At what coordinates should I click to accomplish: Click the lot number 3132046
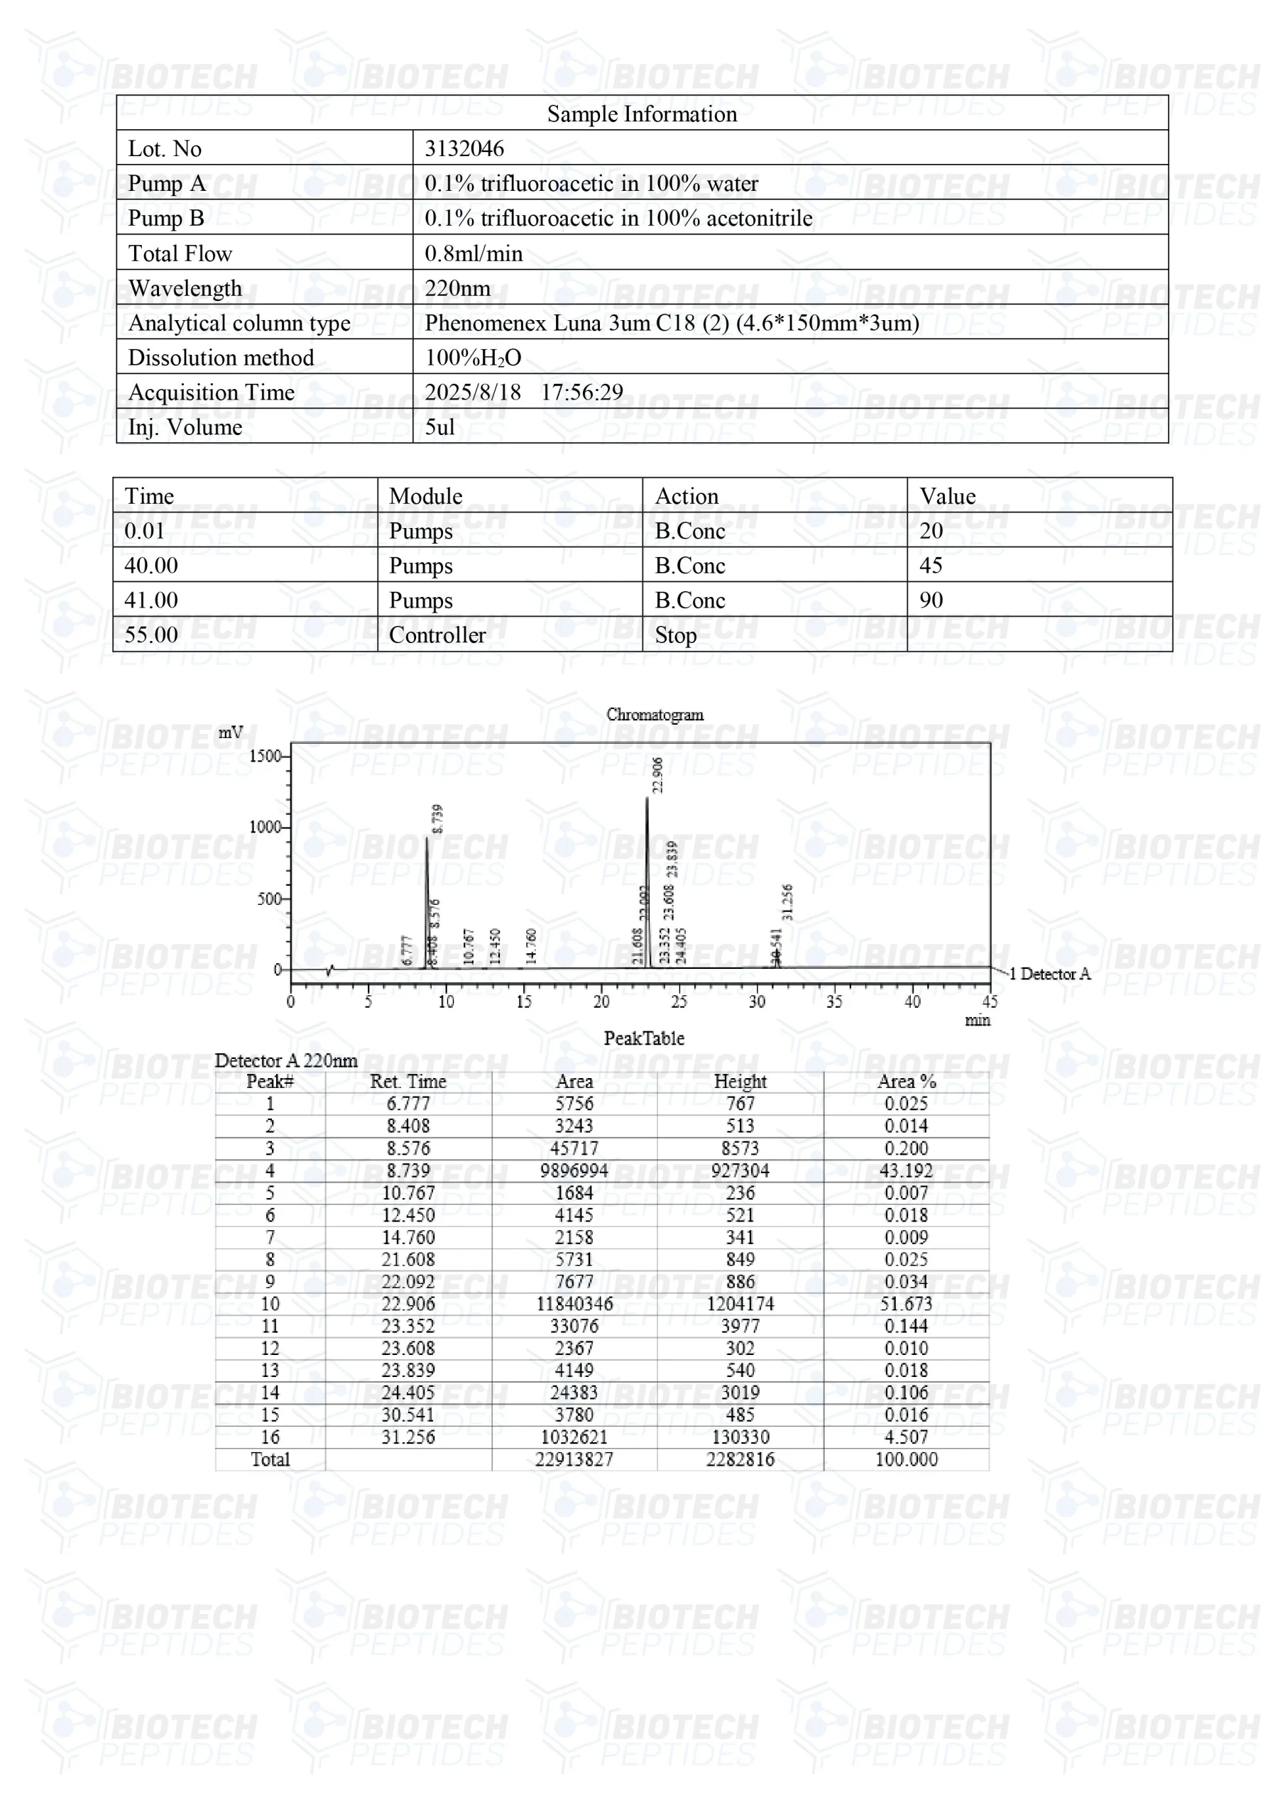coord(464,148)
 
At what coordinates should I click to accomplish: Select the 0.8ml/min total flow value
coord(474,253)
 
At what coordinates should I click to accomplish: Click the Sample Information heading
coord(641,114)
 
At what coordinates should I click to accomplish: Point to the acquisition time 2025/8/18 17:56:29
coord(523,392)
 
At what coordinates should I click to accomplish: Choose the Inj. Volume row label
coord(185,427)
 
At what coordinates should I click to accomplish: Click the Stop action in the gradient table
coord(675,635)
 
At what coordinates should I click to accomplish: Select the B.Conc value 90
coord(931,600)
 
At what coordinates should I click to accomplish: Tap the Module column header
coord(425,496)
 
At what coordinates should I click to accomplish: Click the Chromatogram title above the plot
coord(655,714)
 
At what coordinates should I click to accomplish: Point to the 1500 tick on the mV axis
coord(266,756)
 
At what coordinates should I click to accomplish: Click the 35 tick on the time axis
coord(834,1002)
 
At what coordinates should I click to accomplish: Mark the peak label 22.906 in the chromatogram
coord(658,775)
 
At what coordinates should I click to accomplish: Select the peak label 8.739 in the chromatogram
coord(438,819)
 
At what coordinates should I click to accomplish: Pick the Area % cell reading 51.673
coord(906,1303)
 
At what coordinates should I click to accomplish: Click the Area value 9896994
coord(574,1170)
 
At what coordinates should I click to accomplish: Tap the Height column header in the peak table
coord(740,1081)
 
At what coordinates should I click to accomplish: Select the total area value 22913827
coord(574,1459)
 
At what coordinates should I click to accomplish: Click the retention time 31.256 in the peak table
coord(408,1437)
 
